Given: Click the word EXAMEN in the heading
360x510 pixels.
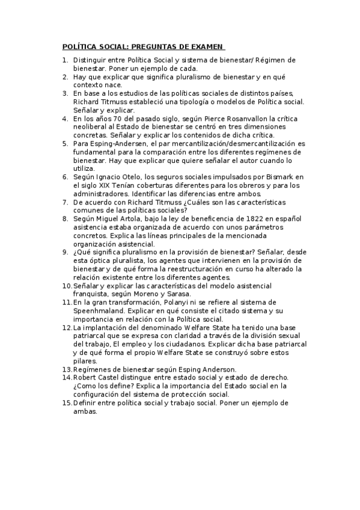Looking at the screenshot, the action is tap(206, 46).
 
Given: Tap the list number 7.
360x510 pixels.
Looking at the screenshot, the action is tap(66, 203).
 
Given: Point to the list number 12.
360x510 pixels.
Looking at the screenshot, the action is tap(66, 327).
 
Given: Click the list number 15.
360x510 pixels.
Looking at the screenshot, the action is tap(66, 402).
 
